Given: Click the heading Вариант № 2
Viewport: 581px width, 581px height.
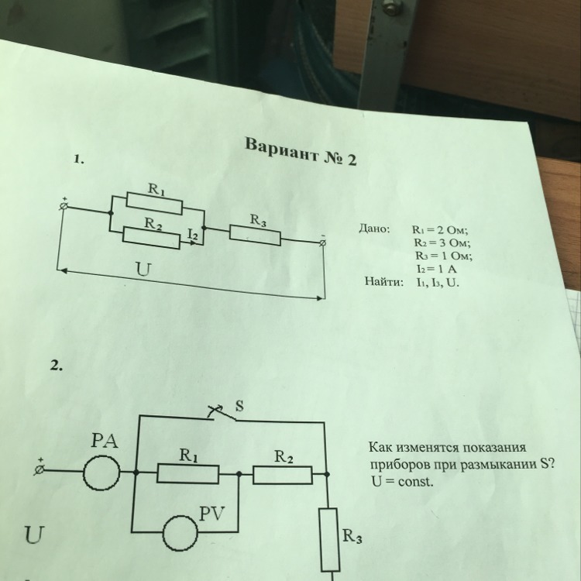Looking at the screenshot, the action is tap(298, 153).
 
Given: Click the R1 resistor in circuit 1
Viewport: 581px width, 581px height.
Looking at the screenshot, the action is tap(153, 203).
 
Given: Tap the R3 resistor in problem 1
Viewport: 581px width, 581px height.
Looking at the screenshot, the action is tap(255, 235).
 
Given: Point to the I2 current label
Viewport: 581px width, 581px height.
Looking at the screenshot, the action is tap(194, 233).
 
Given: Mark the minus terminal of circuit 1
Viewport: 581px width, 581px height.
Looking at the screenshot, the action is tap(323, 242).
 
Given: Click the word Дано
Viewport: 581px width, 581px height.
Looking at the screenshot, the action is tap(375, 229).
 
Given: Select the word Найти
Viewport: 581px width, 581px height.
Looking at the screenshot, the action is tap(384, 281).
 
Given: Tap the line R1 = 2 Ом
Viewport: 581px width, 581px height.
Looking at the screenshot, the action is tap(442, 230).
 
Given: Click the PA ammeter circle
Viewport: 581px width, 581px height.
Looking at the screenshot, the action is tap(102, 470).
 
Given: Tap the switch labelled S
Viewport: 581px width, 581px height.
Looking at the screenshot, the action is tap(221, 411).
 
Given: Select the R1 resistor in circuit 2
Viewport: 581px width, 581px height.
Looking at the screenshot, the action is tap(188, 471).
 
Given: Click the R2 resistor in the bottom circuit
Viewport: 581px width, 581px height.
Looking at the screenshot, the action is tap(282, 472).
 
